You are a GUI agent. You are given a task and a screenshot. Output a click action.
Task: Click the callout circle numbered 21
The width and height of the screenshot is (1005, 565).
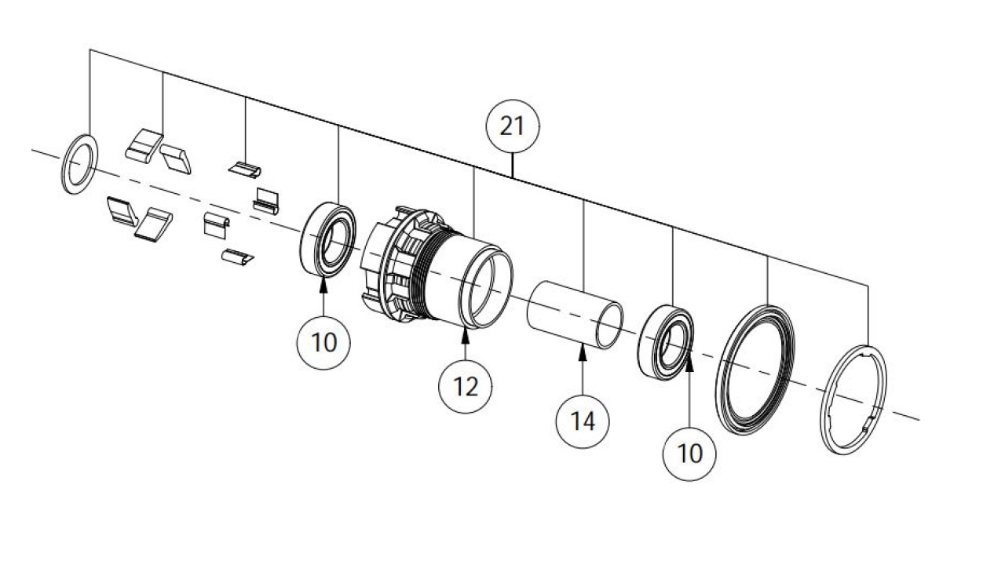point(511,126)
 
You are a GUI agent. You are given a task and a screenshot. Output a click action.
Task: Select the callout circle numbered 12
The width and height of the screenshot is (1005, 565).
point(466,386)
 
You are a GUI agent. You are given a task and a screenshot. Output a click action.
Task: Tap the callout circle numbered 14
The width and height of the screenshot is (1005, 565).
point(583,421)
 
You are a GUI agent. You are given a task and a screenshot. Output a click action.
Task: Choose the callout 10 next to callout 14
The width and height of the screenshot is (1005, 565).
point(689,453)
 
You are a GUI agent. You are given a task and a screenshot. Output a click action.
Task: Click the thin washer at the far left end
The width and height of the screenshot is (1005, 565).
point(79,163)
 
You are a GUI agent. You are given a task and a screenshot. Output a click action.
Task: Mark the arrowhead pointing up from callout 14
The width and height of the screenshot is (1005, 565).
point(583,352)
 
